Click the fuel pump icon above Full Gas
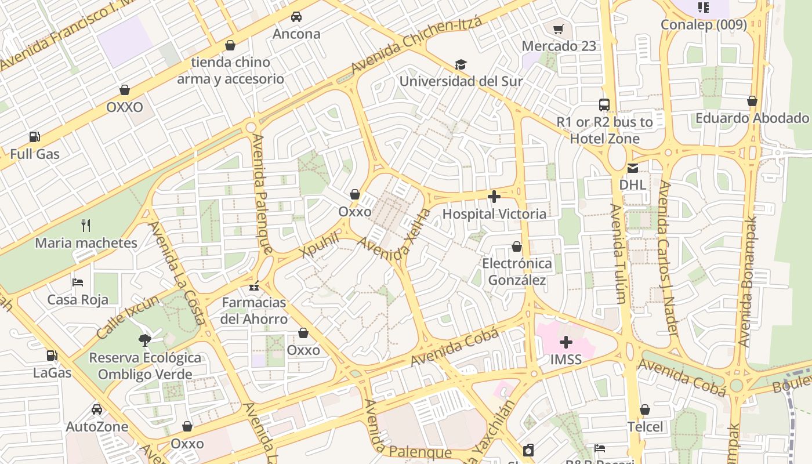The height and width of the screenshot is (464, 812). click(35, 137)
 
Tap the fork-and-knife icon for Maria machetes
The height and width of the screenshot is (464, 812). click(86, 225)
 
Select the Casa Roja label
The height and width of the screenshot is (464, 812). click(78, 300)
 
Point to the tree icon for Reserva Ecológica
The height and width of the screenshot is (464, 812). click(145, 340)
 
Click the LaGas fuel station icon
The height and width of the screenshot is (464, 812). click(52, 356)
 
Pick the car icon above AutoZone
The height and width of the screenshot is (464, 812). click(97, 409)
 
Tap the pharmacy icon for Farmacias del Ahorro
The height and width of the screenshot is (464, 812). click(254, 285)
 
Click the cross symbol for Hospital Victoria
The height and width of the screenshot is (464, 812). click(494, 197)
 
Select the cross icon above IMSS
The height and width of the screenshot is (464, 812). click(565, 342)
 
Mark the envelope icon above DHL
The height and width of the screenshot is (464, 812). click(632, 168)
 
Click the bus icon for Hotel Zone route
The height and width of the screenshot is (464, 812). click(604, 105)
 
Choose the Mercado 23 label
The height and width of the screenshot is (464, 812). click(559, 46)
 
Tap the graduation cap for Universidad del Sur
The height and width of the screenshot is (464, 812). click(461, 64)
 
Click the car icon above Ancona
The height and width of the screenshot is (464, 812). click(296, 17)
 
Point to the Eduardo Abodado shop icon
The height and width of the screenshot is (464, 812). click(752, 101)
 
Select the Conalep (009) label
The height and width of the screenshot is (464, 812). click(704, 25)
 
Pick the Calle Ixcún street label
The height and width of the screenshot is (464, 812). click(128, 317)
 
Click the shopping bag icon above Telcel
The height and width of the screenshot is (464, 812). click(645, 410)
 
